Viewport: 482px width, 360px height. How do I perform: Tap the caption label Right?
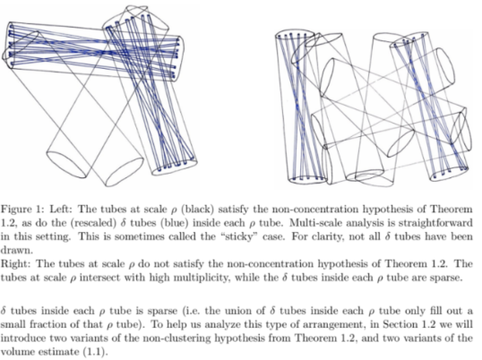15,264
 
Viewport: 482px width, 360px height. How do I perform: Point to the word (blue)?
175,223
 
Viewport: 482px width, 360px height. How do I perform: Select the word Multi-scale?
314,223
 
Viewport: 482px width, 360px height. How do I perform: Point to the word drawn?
16,251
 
